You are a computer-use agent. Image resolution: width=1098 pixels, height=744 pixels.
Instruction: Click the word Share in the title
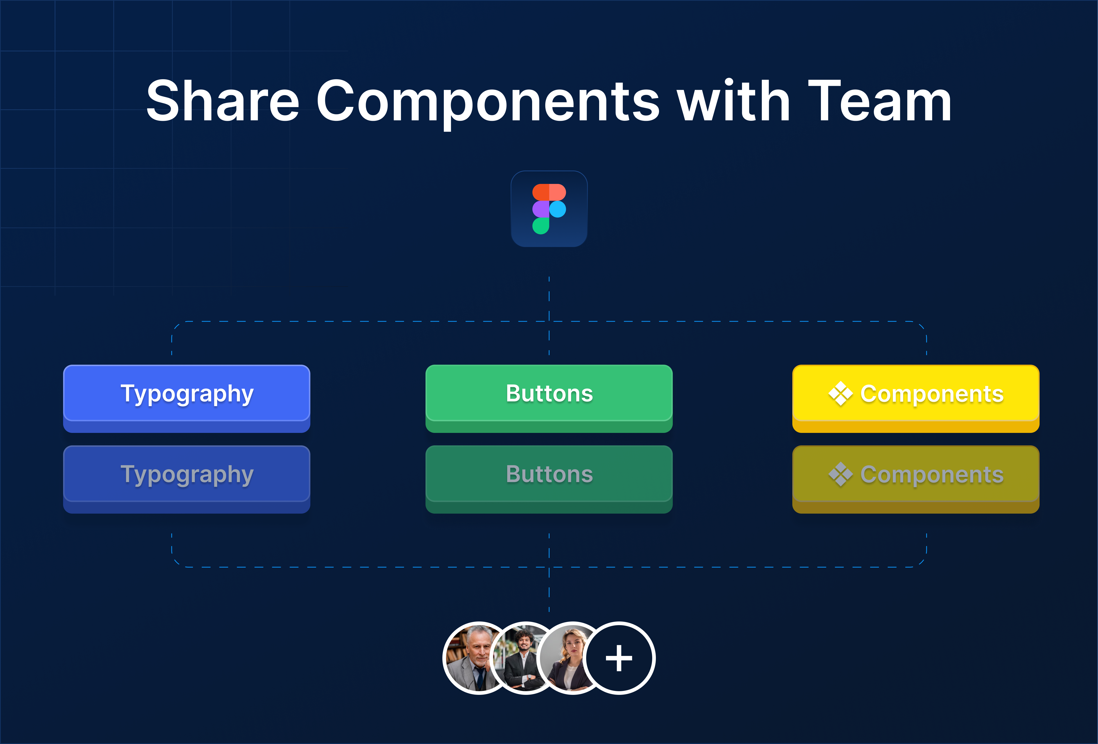(223, 101)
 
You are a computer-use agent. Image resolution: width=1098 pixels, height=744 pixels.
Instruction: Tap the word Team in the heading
(880, 101)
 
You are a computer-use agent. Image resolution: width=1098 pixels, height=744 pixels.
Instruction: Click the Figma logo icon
(549, 209)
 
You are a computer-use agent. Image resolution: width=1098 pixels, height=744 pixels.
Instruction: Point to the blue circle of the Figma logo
(558, 209)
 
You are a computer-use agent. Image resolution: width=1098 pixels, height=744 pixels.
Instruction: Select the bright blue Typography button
(187, 398)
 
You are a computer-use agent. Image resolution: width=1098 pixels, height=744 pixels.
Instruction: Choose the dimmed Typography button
(187, 479)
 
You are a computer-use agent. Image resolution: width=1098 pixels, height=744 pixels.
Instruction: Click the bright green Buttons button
(549, 398)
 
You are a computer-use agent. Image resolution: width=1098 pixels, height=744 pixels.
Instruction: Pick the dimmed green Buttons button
(549, 479)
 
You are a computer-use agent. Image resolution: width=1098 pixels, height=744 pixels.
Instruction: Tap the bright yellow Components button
(916, 398)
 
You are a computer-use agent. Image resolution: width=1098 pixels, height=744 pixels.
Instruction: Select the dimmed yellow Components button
(916, 479)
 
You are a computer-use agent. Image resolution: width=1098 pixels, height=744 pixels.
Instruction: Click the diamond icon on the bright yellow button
(840, 394)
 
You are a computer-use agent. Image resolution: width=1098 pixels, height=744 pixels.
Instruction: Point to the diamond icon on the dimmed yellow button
(840, 474)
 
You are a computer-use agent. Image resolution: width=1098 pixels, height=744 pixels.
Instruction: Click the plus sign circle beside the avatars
(619, 658)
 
